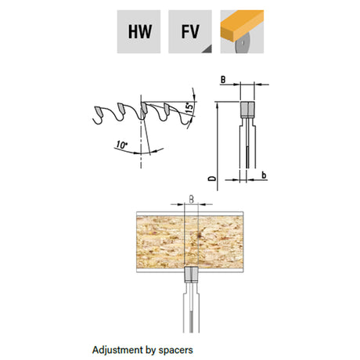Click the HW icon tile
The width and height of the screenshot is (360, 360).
pyautogui.click(x=139, y=31)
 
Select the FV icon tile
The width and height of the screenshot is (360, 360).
pyautogui.click(x=190, y=31)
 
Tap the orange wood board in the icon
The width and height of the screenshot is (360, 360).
pyautogui.click(x=242, y=25)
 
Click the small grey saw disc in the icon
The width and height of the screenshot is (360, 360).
pyautogui.click(x=243, y=43)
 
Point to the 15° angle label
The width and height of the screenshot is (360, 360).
pyautogui.click(x=190, y=108)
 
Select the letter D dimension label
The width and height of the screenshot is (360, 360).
pyautogui.click(x=212, y=178)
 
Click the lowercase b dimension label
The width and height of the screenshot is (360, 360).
pyautogui.click(x=264, y=175)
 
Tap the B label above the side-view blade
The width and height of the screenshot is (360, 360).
pyautogui.click(x=223, y=80)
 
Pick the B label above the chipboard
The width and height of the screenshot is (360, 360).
pyautogui.click(x=191, y=200)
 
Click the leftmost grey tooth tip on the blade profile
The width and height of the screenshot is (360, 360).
pyautogui.click(x=99, y=111)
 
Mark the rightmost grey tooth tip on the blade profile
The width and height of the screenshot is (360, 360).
pyautogui.click(x=167, y=108)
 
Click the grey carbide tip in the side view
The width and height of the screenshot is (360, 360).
pyautogui.click(x=247, y=110)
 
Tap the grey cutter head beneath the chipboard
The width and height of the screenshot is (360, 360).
pyautogui.click(x=192, y=275)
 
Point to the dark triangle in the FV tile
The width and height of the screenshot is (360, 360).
pyautogui.click(x=207, y=49)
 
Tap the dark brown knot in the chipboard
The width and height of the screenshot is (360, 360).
pyautogui.click(x=200, y=236)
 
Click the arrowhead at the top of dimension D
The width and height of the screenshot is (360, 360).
pyautogui.click(x=217, y=105)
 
